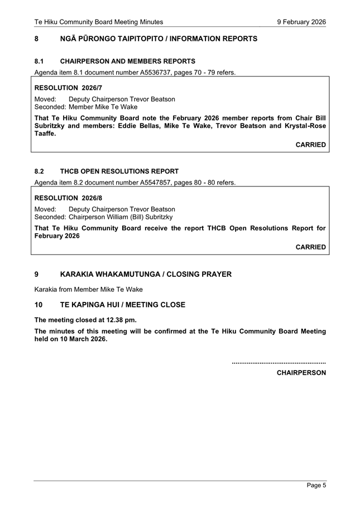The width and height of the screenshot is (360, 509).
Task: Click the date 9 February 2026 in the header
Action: pos(301,22)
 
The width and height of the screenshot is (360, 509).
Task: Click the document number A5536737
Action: pos(152,73)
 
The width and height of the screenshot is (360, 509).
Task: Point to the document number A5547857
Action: pos(152,183)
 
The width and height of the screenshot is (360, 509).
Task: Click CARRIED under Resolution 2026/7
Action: pos(310,145)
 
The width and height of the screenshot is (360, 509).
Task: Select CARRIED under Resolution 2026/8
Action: pos(310,247)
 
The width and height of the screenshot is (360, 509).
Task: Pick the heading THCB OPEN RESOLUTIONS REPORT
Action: pos(119,171)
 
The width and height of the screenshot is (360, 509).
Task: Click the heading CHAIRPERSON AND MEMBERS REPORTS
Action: pos(127,61)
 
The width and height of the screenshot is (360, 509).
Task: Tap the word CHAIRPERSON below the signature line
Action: pos(301,373)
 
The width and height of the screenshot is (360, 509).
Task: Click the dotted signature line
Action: pos(279,363)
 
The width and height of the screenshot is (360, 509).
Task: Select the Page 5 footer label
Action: pos(316,486)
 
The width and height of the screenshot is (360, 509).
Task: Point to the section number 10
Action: pos(39,305)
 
